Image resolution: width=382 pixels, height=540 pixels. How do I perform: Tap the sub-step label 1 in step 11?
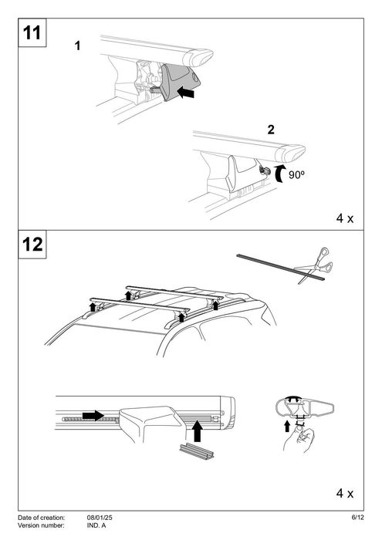coord(77,47)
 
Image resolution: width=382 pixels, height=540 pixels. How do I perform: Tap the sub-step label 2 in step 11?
coord(270,129)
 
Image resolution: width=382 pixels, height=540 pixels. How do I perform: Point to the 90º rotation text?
coord(299,175)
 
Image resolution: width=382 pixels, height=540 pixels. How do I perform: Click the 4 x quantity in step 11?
coord(344,218)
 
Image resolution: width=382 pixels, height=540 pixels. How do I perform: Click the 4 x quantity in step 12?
coord(344,491)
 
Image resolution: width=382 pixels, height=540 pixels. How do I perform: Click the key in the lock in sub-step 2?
coord(266,171)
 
